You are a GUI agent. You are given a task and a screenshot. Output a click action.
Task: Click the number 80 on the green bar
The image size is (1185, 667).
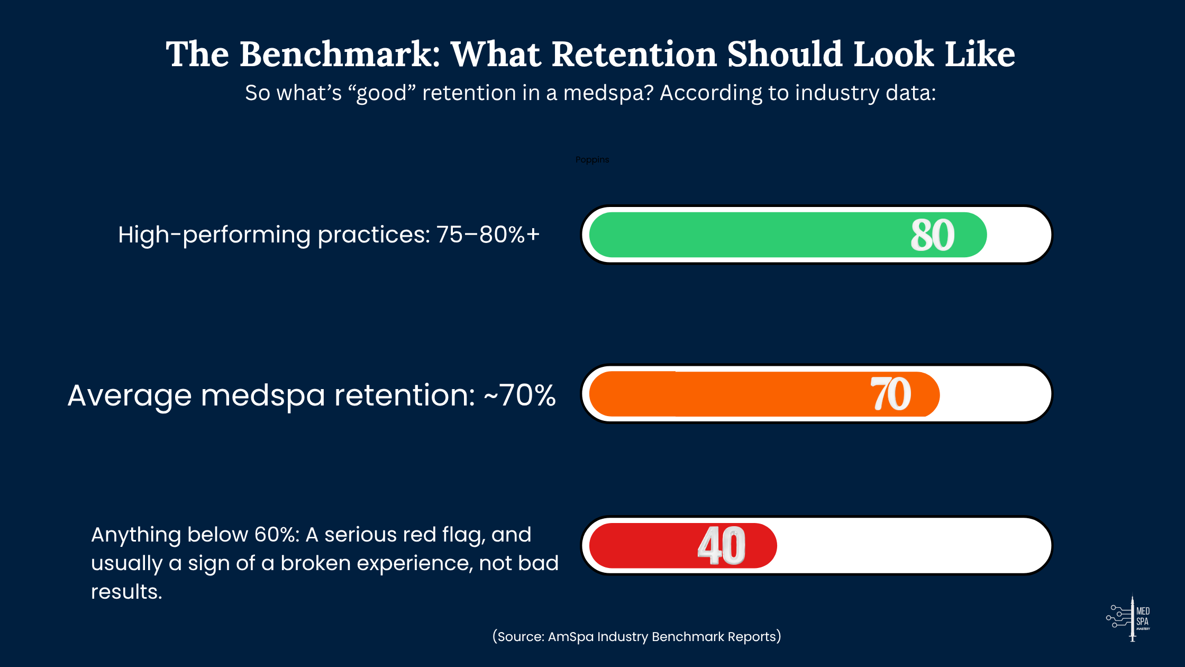(933, 235)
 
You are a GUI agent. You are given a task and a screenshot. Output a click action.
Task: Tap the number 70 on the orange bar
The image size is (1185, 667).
(891, 394)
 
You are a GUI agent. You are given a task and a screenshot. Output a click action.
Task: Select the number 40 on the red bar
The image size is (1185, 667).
(722, 546)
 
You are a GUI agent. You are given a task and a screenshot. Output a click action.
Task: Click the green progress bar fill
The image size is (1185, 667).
(741, 235)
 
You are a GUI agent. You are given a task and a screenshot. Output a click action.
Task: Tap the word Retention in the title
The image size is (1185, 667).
(634, 55)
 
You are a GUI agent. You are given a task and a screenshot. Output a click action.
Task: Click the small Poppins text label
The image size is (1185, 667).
(592, 160)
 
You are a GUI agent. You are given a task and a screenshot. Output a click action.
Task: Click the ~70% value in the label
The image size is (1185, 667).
(520, 395)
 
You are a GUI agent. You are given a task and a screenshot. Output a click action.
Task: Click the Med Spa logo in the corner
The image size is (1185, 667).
(1129, 618)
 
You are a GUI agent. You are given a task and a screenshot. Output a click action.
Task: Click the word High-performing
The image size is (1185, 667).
(214, 235)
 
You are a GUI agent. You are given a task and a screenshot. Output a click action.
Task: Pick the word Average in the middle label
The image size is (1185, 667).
(130, 395)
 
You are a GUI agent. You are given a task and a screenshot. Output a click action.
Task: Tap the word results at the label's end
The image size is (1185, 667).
(126, 592)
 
